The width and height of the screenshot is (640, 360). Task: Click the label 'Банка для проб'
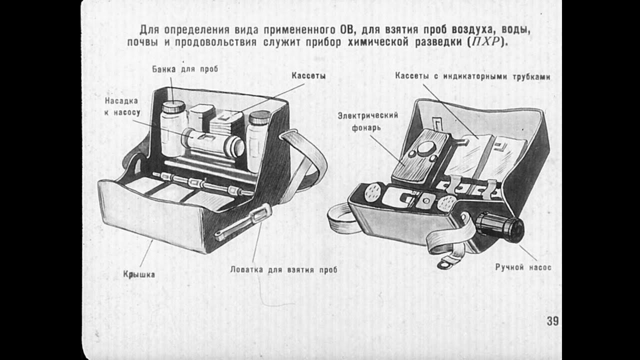tap(185, 69)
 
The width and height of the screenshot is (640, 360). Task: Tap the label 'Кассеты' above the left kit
tap(308, 76)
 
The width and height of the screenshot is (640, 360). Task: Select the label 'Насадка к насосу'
tap(121, 106)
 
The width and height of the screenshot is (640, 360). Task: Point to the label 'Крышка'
tap(138, 274)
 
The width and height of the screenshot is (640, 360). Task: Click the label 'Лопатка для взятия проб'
tap(283, 270)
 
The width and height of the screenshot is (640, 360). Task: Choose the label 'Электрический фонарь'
tap(367, 121)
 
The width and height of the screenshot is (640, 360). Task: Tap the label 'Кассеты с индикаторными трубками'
tap(472, 76)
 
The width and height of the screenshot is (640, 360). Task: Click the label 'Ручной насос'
tap(523, 267)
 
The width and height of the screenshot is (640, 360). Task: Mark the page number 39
tap(552, 321)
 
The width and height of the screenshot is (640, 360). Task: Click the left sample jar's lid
tap(173, 106)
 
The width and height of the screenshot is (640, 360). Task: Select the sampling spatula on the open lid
tap(242, 222)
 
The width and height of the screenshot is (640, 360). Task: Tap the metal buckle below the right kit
tap(444, 264)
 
